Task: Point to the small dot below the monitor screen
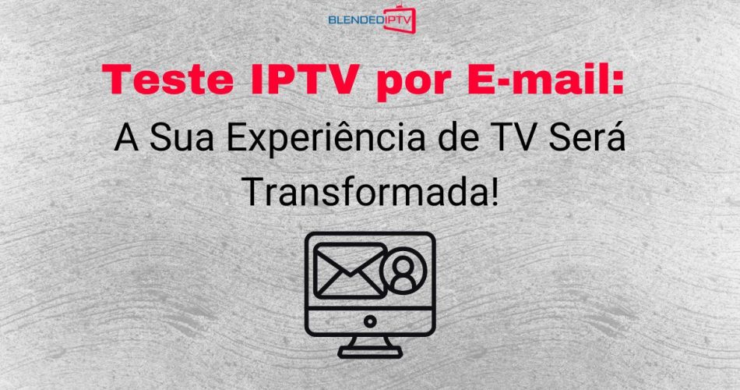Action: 370,321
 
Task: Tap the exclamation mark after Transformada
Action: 492,190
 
